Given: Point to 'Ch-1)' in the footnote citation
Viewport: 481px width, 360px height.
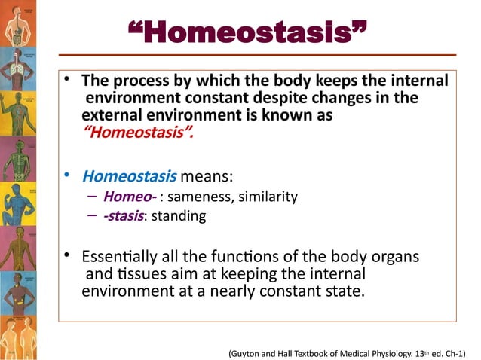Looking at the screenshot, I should [452, 351].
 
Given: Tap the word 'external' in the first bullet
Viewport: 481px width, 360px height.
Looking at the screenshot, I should [109, 117].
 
